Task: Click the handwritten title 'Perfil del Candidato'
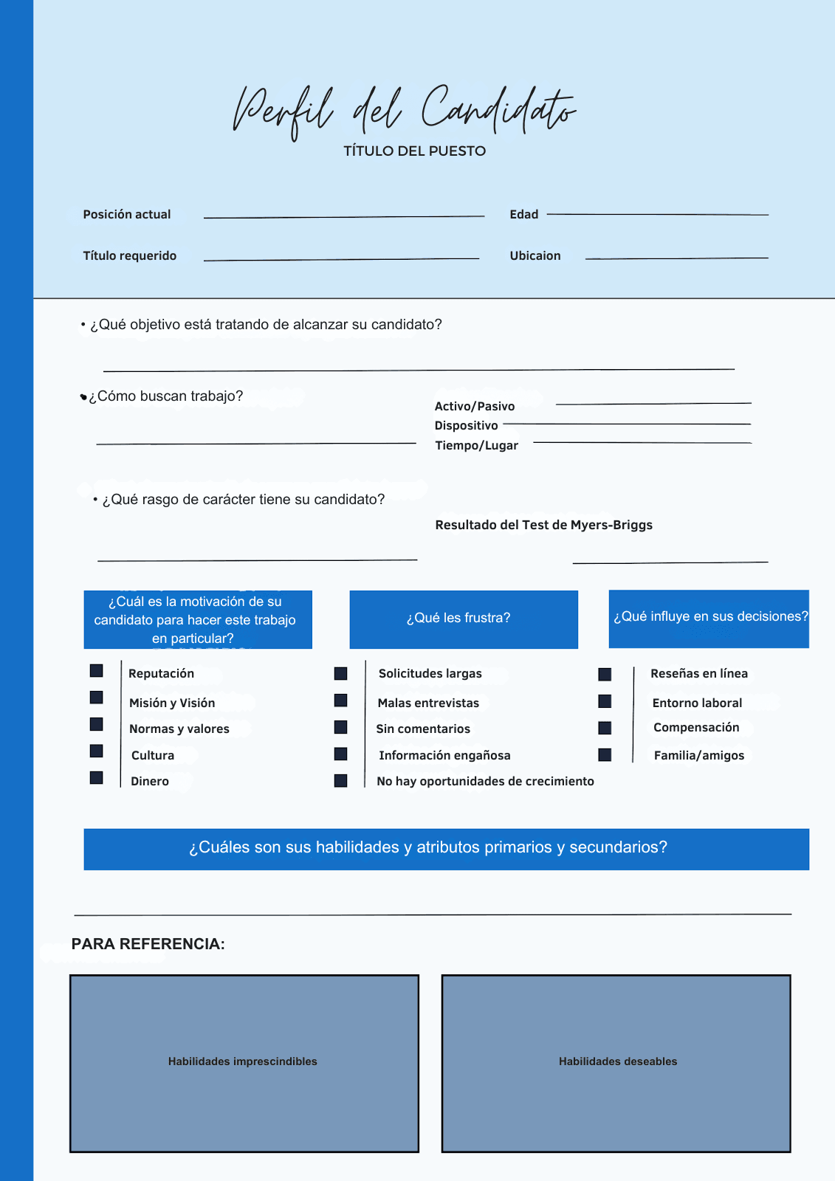point(404,111)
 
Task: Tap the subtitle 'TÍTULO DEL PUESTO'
point(414,151)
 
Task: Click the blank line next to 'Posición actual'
point(343,217)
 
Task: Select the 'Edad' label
point(523,215)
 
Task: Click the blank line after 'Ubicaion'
point(676,258)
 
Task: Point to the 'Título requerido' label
point(130,256)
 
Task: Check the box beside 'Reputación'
point(97,671)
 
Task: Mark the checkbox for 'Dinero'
point(97,778)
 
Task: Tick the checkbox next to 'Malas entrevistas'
point(340,700)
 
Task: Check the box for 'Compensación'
point(605,729)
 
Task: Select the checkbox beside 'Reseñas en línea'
point(605,675)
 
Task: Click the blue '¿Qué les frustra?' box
point(464,619)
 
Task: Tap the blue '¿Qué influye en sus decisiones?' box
point(709,619)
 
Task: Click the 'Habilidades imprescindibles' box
point(244,1063)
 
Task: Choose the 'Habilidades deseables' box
point(616,1063)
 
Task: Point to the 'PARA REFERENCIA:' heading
point(148,944)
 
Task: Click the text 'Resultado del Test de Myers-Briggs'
point(543,526)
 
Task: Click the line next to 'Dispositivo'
point(626,424)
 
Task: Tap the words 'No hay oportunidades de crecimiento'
point(485,782)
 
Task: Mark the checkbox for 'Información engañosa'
point(340,754)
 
